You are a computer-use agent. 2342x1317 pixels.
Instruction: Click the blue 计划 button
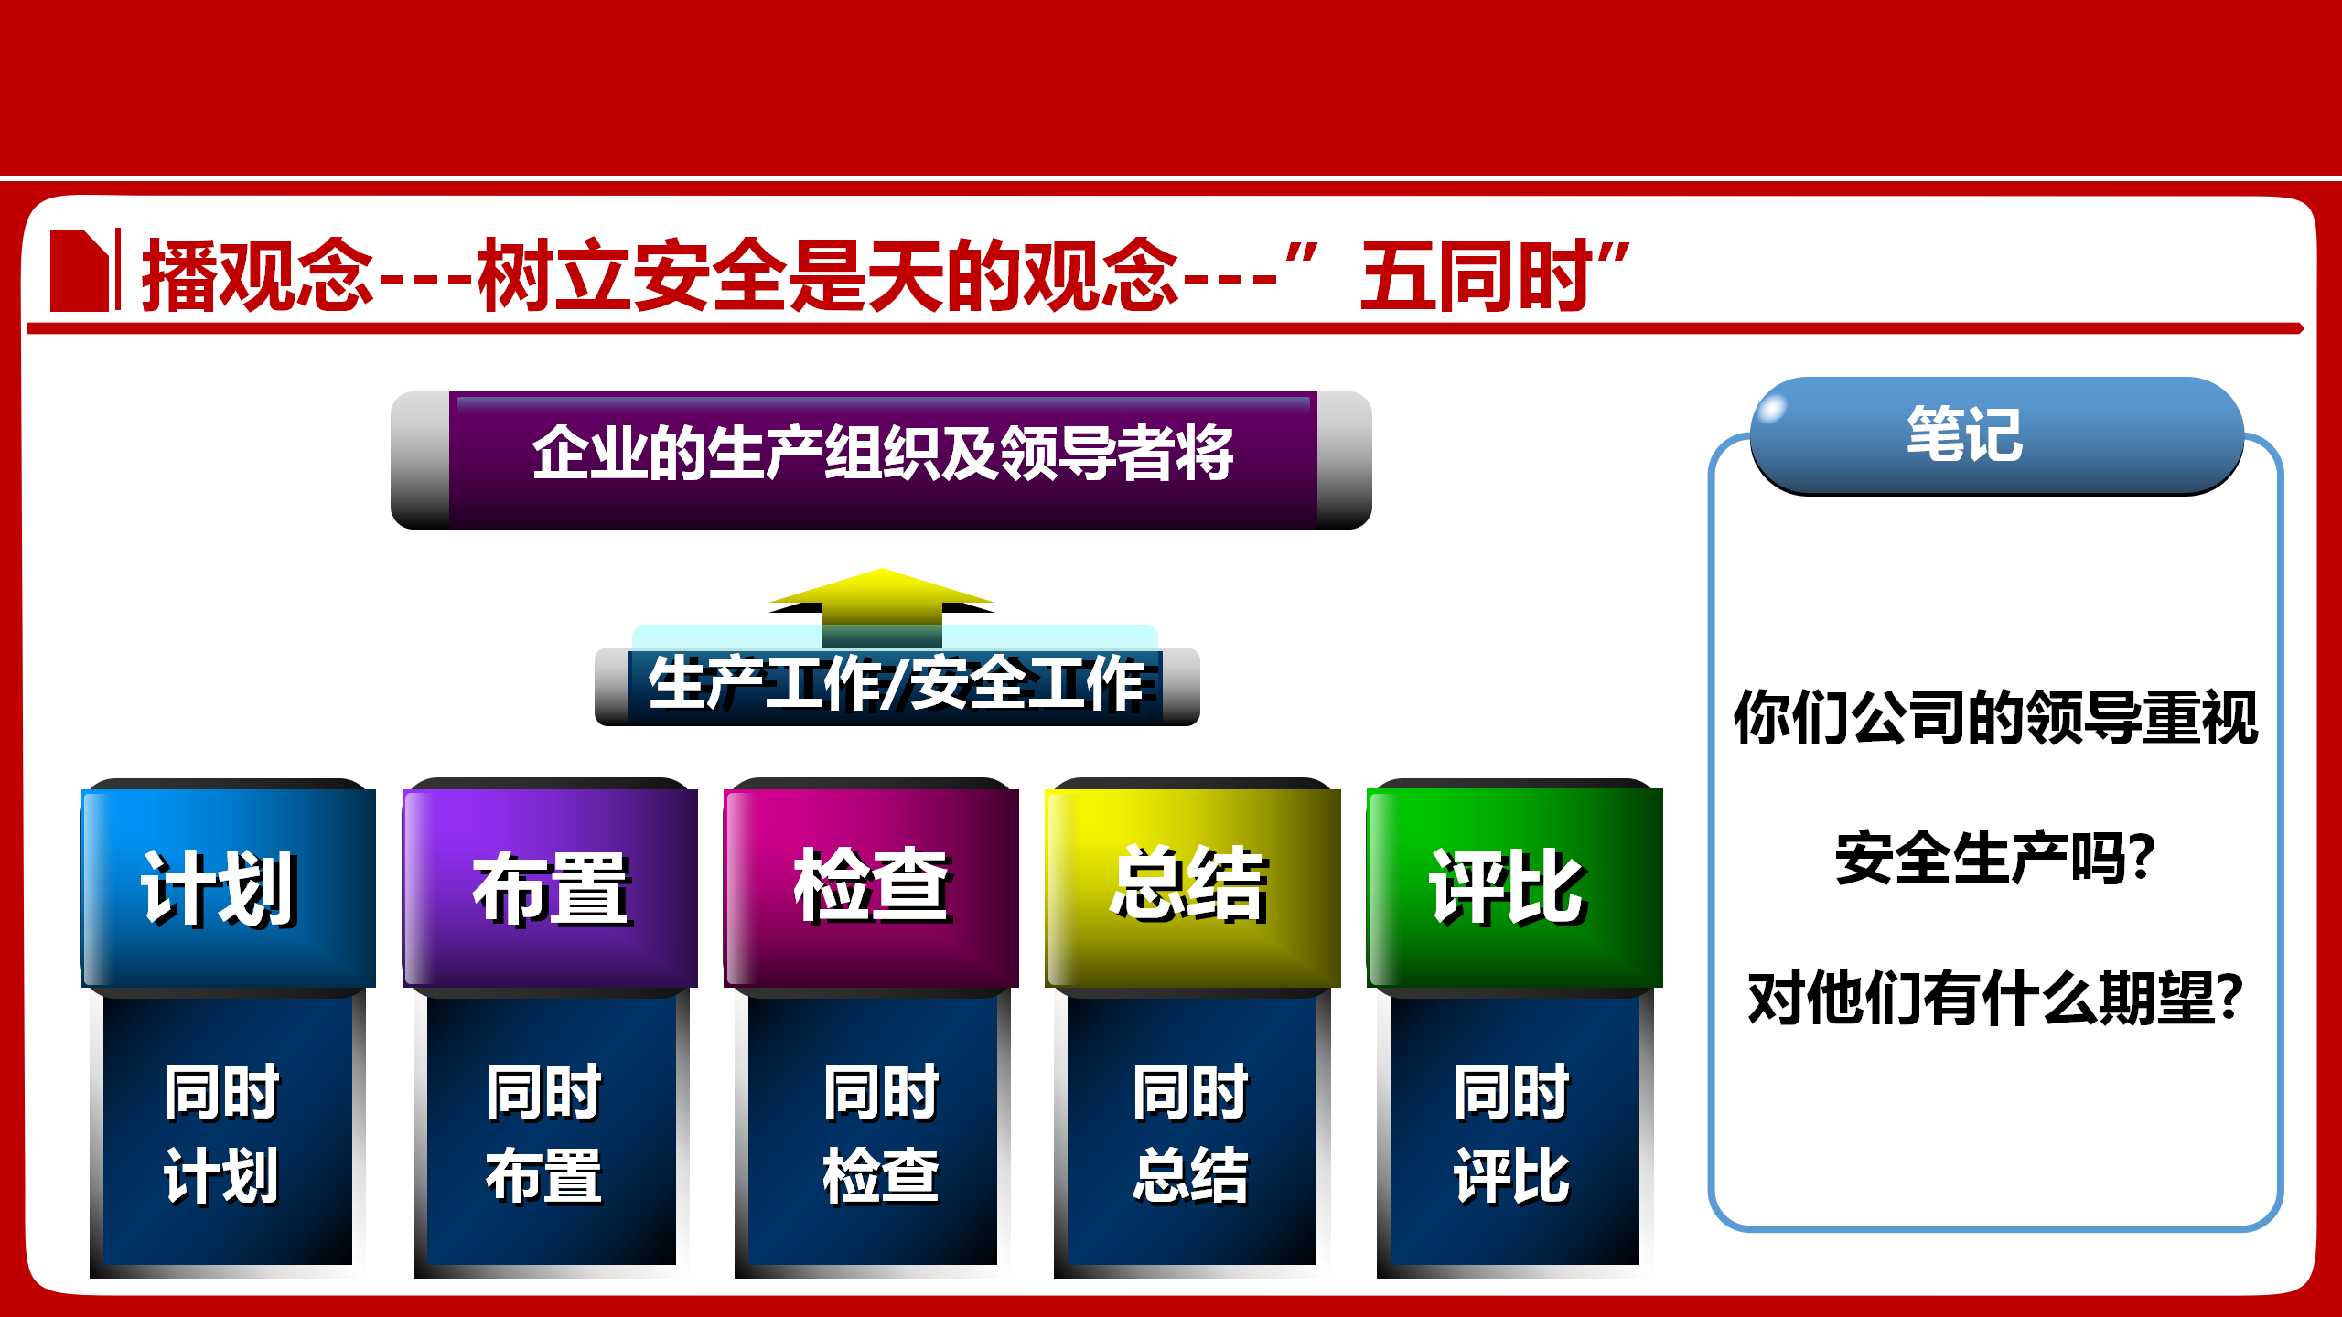tap(229, 887)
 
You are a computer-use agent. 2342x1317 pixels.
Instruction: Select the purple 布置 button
tap(550, 887)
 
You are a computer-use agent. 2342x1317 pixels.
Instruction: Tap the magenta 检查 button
tap(871, 887)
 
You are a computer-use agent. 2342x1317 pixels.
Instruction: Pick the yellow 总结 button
tap(1193, 887)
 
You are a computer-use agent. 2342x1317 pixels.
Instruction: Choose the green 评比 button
tap(1515, 887)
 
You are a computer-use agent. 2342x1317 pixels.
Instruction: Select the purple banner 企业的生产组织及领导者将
tap(881, 460)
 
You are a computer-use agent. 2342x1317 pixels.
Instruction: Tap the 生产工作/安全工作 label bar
tap(897, 686)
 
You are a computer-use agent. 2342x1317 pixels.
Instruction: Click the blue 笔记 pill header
tap(1996, 435)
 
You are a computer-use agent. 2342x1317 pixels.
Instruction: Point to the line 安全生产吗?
tap(1995, 858)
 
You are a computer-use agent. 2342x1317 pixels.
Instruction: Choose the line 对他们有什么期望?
tap(1995, 998)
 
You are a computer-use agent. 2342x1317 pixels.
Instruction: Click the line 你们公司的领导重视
tap(1995, 718)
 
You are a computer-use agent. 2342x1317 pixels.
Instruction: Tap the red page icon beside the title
tap(80, 270)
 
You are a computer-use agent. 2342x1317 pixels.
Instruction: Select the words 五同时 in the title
tap(1476, 276)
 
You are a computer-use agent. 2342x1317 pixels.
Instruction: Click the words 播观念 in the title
tap(258, 276)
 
